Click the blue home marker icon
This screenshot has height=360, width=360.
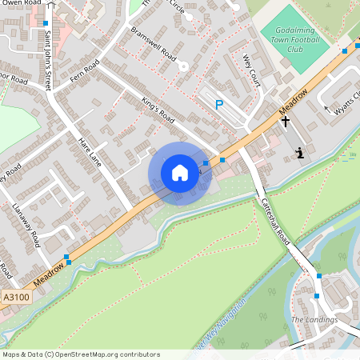(180, 173)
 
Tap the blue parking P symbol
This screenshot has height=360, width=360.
(219, 104)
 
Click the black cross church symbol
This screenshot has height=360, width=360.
(285, 121)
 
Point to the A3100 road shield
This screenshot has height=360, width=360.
(15, 297)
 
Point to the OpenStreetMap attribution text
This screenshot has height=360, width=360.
(81, 354)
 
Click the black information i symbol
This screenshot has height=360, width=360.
(299, 152)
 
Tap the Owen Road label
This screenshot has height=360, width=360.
(17, 3)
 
